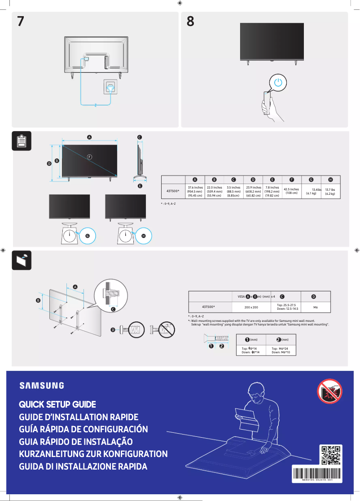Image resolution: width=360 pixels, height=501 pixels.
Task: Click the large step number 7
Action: pos(21,21)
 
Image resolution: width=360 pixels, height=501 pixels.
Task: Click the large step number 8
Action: pos(190,21)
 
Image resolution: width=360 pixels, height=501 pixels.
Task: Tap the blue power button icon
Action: pos(279,83)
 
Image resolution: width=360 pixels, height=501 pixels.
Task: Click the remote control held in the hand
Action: pos(268,102)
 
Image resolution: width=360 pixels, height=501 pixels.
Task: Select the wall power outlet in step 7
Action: pos(110,86)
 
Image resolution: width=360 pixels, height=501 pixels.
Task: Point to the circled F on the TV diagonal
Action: pos(89,157)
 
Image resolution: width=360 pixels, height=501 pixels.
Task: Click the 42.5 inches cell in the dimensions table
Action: pos(291,191)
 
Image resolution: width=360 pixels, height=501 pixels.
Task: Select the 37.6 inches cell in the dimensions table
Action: pos(195,191)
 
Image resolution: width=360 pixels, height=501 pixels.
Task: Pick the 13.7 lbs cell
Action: pos(330,191)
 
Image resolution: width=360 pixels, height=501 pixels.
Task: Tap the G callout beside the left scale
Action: pos(88,235)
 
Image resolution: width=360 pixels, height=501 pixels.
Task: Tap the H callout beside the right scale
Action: pos(144,235)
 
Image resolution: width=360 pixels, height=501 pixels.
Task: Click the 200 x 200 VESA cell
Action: pos(251,307)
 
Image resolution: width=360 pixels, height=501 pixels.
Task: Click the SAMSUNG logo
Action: pos(41,385)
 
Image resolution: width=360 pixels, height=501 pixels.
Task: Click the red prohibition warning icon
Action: pos(329,391)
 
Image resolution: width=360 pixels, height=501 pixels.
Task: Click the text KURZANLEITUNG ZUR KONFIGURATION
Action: pos(93,454)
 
